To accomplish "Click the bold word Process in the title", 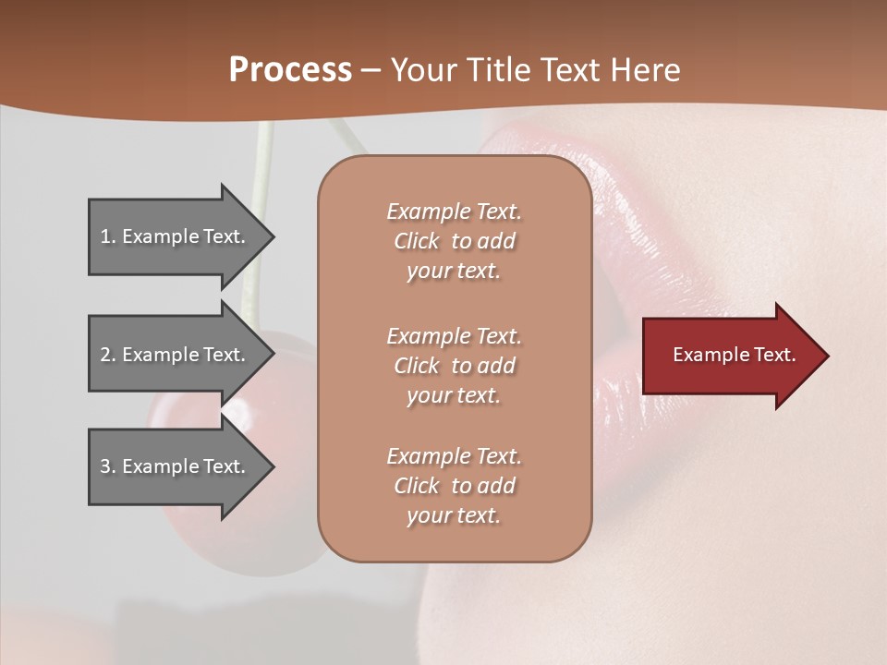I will coord(290,69).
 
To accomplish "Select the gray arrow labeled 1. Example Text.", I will coord(176,236).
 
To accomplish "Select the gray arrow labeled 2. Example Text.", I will coord(176,355).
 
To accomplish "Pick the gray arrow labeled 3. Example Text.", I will coord(176,466).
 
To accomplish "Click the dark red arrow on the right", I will coord(730,355).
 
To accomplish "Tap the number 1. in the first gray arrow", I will coord(107,236).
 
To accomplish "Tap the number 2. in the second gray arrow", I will coord(107,355).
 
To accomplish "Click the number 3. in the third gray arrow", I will coord(107,466).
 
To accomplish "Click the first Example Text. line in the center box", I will coord(454,212).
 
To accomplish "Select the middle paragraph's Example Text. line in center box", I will coord(454,336).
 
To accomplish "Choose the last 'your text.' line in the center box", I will coord(454,515).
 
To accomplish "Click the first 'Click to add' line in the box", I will coord(454,241).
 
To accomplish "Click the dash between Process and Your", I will coord(371,70).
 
